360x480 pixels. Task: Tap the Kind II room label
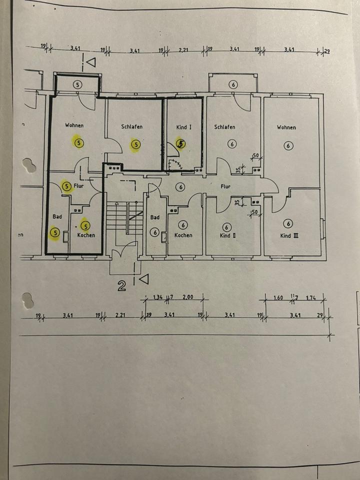click(227, 235)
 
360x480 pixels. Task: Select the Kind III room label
click(289, 235)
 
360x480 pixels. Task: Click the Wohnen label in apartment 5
click(74, 125)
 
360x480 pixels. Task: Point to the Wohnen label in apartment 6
click(286, 127)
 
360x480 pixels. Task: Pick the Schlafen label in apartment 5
click(131, 127)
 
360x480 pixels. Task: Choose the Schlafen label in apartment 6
click(224, 127)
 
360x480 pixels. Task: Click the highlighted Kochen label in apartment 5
click(86, 235)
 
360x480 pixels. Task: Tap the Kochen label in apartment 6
click(183, 235)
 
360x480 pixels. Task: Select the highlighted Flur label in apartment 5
click(78, 186)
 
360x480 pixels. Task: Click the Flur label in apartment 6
click(225, 186)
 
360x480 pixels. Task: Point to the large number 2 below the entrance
click(121, 286)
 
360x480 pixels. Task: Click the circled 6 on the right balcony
click(233, 84)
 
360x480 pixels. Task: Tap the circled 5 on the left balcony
click(77, 84)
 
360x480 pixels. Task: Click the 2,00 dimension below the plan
click(187, 297)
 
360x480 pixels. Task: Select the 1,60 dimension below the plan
click(278, 297)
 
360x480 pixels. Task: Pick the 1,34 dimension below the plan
click(158, 297)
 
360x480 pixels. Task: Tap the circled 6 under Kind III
click(288, 223)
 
